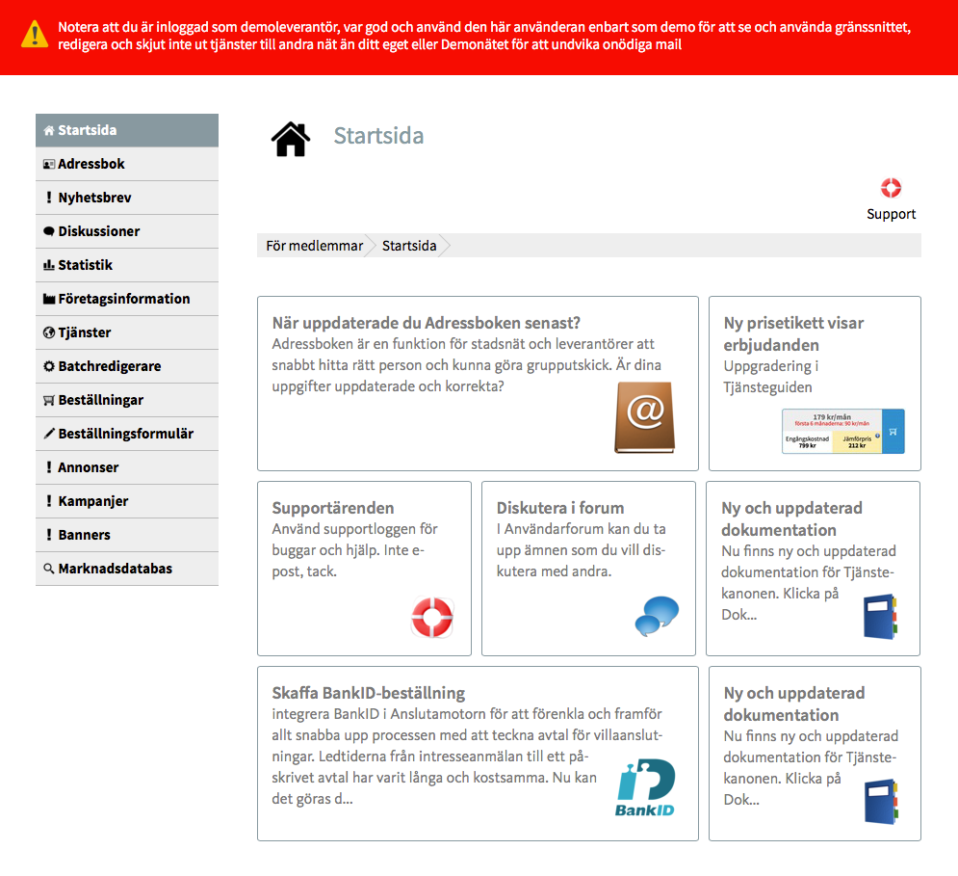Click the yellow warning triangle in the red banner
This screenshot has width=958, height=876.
coord(35,35)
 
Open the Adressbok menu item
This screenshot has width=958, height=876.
coord(91,164)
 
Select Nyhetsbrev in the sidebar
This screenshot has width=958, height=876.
coord(94,198)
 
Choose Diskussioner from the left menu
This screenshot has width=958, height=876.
coord(98,231)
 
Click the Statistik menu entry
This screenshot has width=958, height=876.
coord(85,265)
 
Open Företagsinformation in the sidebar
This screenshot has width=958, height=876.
coord(123,299)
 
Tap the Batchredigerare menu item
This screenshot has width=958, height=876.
coord(109,366)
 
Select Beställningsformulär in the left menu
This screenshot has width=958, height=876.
coord(125,434)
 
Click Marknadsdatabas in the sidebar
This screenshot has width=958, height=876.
coord(115,569)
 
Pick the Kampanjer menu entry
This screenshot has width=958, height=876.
coord(92,501)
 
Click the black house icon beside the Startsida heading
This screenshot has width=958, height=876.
coord(291,139)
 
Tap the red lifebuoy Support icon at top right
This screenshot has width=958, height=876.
coord(891,188)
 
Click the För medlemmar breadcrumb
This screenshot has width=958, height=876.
coord(315,246)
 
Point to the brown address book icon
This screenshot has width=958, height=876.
coord(644,416)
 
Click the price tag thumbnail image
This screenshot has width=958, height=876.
coord(842,431)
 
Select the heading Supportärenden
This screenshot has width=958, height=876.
coord(333,508)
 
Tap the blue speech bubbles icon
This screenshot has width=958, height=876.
coord(657,616)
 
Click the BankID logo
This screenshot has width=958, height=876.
coord(645,787)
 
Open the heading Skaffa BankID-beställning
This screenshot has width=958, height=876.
coord(369,693)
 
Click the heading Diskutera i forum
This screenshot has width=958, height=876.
coord(560,508)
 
